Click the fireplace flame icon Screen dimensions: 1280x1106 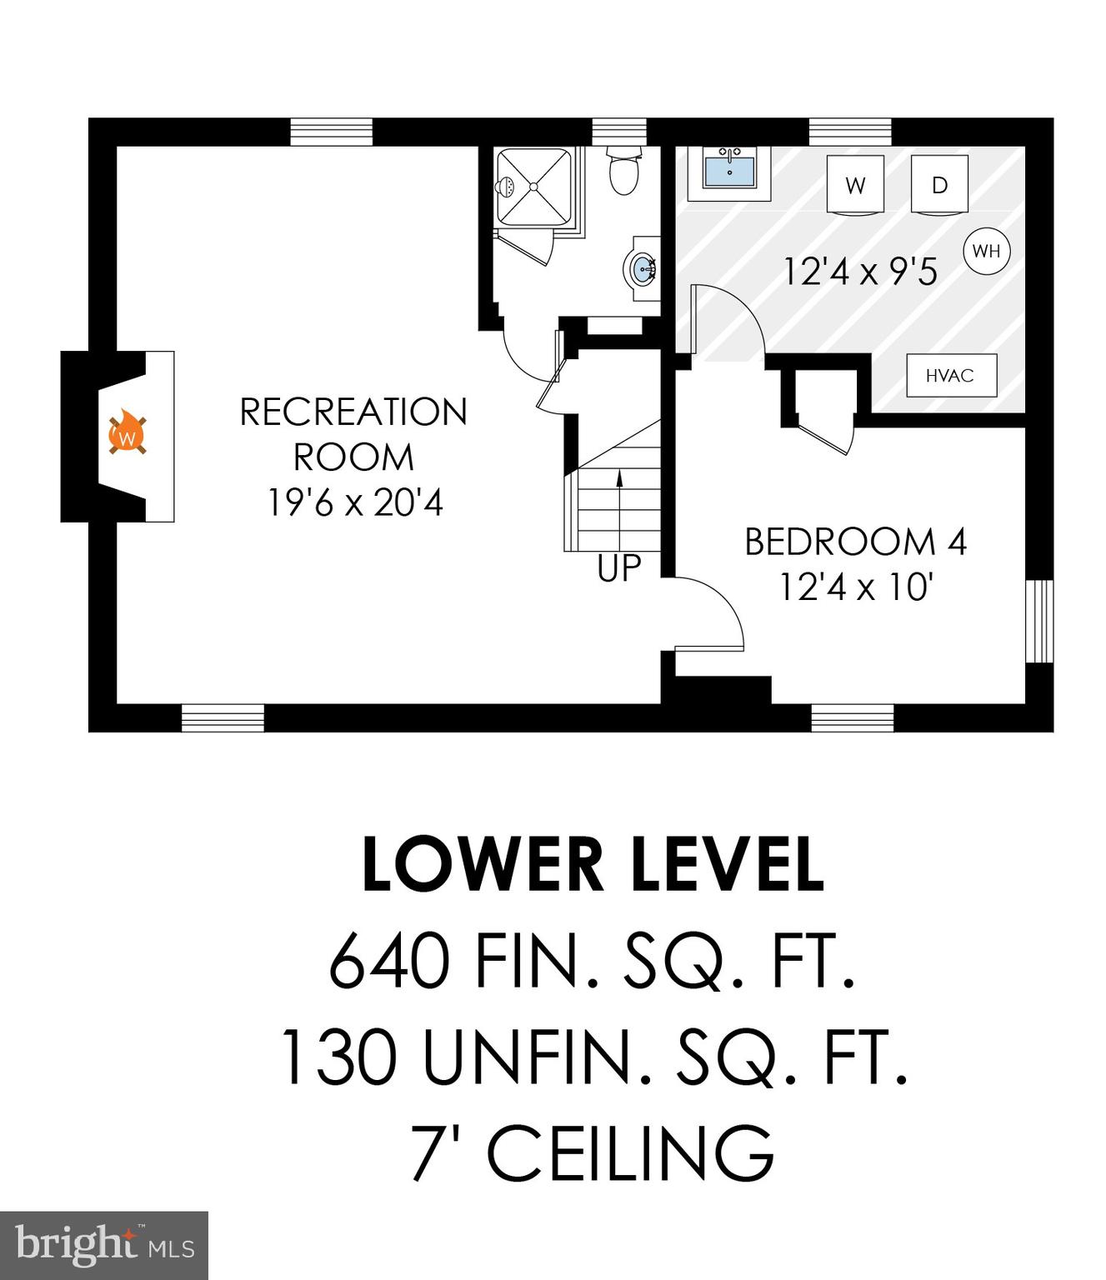(x=127, y=434)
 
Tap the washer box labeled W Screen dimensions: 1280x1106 (x=855, y=184)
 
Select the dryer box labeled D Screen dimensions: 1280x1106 (x=939, y=184)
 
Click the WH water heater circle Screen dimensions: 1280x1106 (x=986, y=250)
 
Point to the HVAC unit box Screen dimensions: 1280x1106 (x=951, y=375)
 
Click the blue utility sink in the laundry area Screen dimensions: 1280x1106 (x=729, y=171)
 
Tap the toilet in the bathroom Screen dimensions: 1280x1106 (x=623, y=170)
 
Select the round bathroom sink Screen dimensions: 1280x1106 (x=643, y=269)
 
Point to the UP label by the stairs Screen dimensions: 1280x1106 (x=619, y=568)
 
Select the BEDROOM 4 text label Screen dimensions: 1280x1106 (x=855, y=542)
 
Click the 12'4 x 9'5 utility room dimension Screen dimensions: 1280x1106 (x=860, y=272)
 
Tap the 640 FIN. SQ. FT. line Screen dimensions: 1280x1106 (x=593, y=961)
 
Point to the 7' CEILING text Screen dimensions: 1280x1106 (x=593, y=1152)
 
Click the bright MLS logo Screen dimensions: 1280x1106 (x=104, y=1246)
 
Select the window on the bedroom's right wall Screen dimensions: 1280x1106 (x=1039, y=621)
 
